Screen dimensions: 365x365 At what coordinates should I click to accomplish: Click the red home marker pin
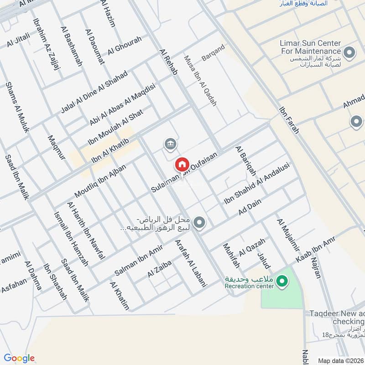182,164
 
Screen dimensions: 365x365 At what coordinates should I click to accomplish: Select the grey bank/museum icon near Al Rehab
171,145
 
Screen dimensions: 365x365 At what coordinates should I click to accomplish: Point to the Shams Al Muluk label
17,107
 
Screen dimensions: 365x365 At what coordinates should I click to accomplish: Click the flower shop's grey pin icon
199,223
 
